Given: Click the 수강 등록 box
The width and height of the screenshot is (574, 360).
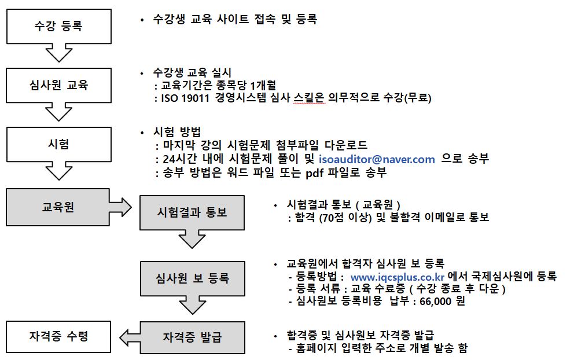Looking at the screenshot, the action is (x=59, y=27).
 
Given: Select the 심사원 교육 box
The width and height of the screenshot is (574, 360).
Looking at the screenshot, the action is (x=59, y=85).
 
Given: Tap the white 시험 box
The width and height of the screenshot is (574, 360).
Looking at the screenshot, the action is (x=59, y=144).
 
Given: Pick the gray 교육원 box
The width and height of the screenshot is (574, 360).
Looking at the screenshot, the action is (x=58, y=207).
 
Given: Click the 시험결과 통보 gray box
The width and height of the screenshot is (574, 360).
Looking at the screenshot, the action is (x=192, y=212).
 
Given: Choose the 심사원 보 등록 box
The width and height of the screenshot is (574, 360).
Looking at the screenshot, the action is (x=193, y=278).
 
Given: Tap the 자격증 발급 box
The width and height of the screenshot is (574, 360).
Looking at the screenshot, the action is (x=193, y=337).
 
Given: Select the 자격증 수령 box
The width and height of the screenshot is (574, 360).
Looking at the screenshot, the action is (x=58, y=337).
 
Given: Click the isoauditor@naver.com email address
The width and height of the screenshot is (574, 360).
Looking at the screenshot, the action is (x=377, y=159).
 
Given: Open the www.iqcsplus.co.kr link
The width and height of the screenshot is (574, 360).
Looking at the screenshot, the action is (x=397, y=277).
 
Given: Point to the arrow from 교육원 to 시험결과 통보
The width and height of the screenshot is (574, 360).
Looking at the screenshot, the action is (x=120, y=207).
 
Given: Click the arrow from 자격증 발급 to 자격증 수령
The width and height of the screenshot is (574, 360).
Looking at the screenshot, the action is (x=130, y=337).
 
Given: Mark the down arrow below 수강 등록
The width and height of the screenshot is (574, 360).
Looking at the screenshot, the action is (x=59, y=53).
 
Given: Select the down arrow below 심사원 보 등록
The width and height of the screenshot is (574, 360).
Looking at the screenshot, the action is (x=193, y=304).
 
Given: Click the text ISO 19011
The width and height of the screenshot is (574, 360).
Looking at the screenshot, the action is (x=185, y=98).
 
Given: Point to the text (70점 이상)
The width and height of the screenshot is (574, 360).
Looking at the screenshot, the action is (x=345, y=218).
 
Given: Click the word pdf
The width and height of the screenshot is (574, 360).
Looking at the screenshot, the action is (x=314, y=172).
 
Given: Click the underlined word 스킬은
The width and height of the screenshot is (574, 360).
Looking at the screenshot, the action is (x=310, y=98).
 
